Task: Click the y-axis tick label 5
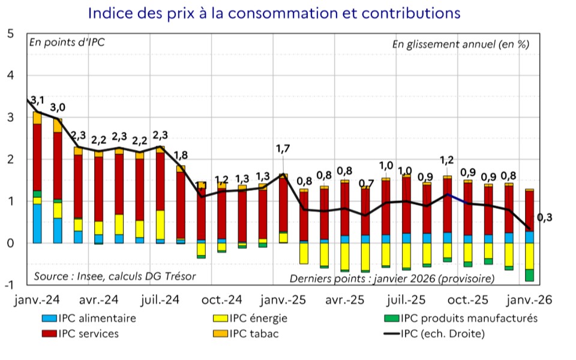(10, 34)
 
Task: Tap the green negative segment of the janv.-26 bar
(529, 275)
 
